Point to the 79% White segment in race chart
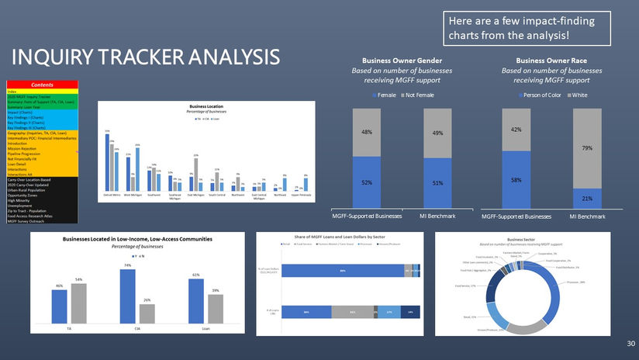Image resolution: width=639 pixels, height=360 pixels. point(589,148)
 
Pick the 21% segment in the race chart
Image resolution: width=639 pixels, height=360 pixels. point(589,199)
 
